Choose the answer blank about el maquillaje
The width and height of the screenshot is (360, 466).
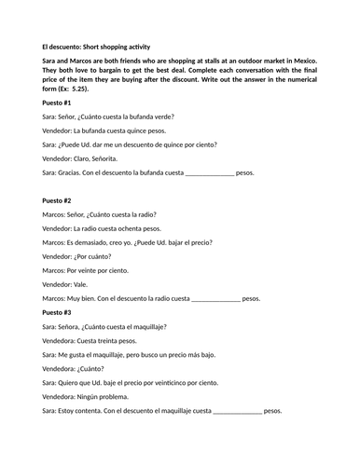click(239, 411)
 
